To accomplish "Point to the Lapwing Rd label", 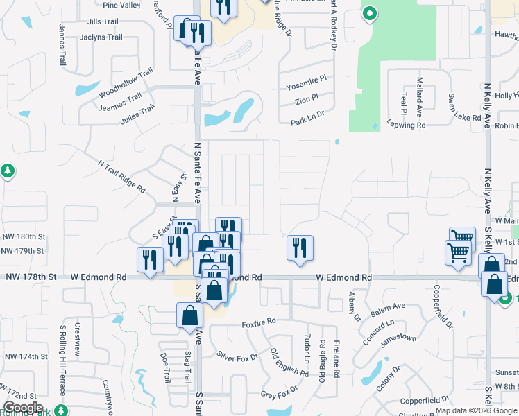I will click(407, 125).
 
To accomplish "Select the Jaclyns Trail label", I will click(101, 37).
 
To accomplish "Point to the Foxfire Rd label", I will click(259, 322).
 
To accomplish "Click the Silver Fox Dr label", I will click(237, 356).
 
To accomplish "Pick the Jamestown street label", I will click(398, 338).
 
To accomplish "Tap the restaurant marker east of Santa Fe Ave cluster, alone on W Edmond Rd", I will click(300, 248).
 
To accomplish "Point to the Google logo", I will click(22, 407).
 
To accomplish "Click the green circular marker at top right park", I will click(370, 13).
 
